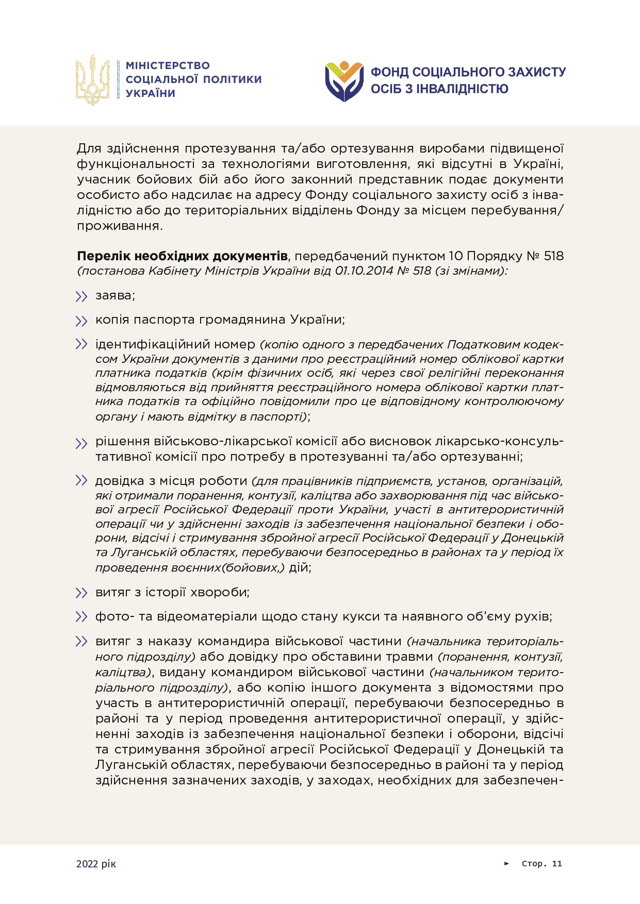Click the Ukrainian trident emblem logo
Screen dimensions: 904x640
(x=93, y=80)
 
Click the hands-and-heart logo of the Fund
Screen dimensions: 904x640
(x=344, y=81)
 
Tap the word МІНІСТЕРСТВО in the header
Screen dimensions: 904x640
(x=168, y=65)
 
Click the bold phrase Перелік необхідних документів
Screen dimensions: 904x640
(x=182, y=256)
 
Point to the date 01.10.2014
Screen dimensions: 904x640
(x=364, y=271)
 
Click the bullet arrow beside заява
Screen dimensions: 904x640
(x=81, y=296)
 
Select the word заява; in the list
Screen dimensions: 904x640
(x=115, y=295)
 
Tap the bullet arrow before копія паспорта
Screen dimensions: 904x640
(x=81, y=321)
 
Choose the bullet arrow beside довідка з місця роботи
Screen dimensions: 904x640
(x=81, y=481)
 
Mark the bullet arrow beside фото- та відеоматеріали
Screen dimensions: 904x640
(x=81, y=617)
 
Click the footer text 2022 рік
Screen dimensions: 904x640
(x=96, y=864)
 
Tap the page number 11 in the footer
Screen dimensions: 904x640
(x=557, y=864)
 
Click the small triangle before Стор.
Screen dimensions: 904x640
(x=507, y=863)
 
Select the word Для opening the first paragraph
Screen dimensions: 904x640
(x=90, y=148)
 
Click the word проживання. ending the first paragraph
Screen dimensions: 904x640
(x=120, y=226)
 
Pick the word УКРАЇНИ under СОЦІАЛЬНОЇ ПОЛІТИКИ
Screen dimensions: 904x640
(x=151, y=93)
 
